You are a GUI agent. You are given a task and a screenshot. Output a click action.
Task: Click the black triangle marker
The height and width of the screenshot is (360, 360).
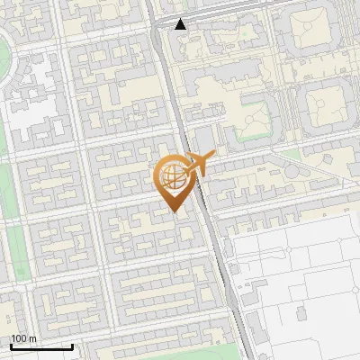[x=181, y=24]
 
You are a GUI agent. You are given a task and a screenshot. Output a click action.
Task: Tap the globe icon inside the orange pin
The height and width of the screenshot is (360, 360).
[x=173, y=177]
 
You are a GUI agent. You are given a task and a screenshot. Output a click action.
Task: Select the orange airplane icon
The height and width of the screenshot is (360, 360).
[x=198, y=164]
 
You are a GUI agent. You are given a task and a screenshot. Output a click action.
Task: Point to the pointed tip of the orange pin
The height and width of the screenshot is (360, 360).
[x=174, y=211]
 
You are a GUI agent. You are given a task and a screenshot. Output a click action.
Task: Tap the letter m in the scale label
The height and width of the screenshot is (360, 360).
[x=33, y=338]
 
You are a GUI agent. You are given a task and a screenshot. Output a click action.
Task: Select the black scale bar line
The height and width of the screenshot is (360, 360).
[x=41, y=346]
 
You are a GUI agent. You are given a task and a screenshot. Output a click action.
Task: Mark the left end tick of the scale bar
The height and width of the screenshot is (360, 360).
[x=11, y=345]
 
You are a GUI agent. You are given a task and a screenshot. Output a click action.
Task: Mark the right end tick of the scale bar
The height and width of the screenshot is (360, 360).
[x=72, y=345]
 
